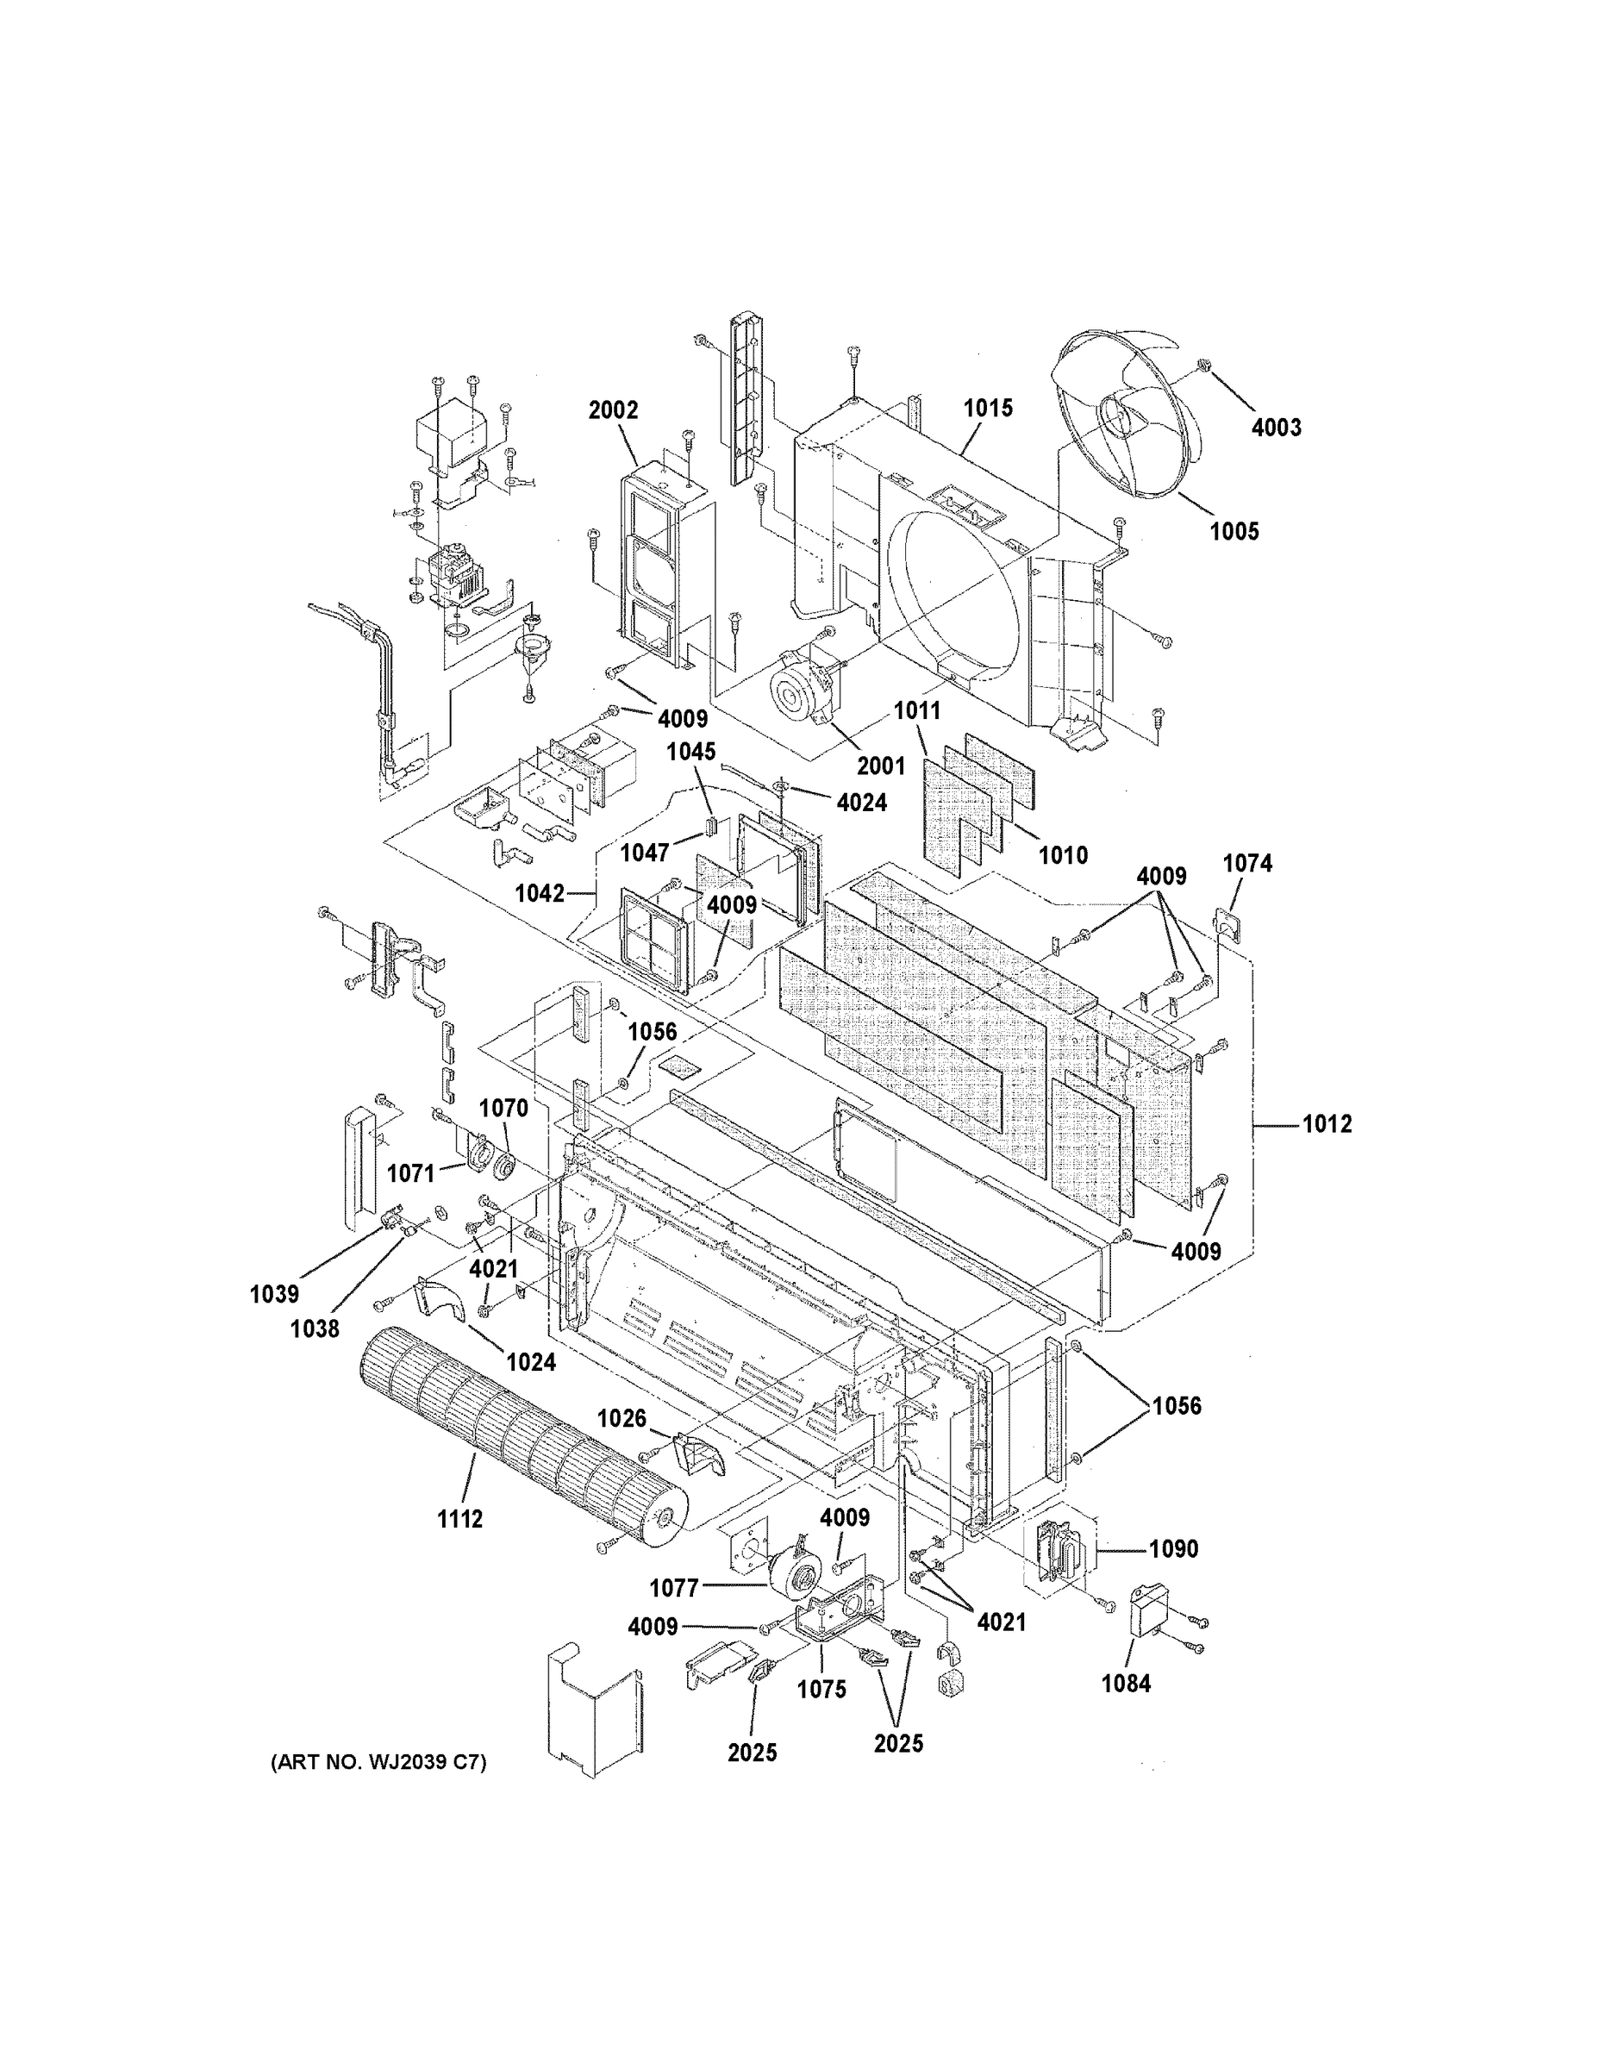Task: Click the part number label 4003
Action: point(1276,428)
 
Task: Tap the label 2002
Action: point(613,410)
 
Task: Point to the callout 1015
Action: point(988,409)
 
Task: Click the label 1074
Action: point(1247,863)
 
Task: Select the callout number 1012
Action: point(1327,1124)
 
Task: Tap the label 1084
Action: point(1127,1684)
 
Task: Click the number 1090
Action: point(1174,1549)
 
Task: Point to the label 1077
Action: point(674,1588)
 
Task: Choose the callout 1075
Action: point(821,1689)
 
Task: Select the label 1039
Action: point(275,1294)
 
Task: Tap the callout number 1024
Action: point(530,1362)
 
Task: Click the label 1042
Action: point(540,893)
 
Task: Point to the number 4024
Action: point(862,803)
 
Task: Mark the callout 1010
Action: point(1063,855)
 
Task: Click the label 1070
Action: point(503,1108)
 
